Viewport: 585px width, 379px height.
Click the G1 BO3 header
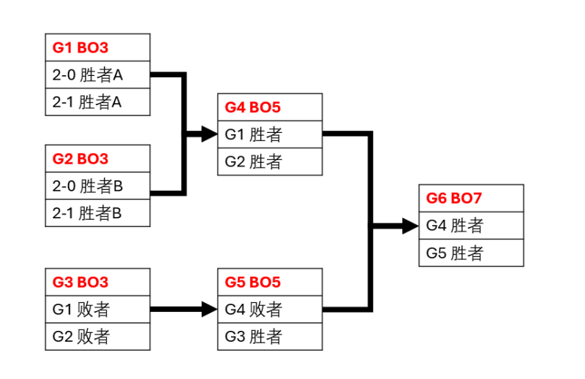[x=98, y=47]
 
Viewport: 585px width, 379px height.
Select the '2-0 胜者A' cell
[x=98, y=74]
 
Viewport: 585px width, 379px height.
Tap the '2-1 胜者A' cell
[x=98, y=102]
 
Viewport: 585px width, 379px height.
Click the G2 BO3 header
[x=98, y=158]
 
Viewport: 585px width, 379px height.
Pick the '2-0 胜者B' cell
[x=98, y=185]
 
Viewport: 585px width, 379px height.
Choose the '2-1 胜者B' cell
[x=98, y=213]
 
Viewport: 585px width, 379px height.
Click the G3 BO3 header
[x=98, y=282]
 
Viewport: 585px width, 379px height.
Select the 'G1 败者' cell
[x=98, y=309]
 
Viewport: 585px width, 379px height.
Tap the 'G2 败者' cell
[x=98, y=337]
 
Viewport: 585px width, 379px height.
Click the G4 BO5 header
[x=270, y=107]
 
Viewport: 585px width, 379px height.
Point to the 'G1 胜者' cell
[x=270, y=134]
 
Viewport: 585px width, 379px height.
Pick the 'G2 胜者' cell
[x=270, y=161]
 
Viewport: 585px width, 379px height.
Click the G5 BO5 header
[x=270, y=282]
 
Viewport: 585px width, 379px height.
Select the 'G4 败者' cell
[x=270, y=309]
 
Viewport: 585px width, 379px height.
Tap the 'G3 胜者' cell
[x=270, y=337]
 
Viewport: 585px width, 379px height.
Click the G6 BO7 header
[x=471, y=198]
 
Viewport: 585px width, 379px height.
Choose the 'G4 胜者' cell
[x=471, y=226]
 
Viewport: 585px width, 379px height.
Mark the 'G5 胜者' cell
[x=471, y=253]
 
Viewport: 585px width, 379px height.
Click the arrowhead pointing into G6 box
[x=409, y=226]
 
